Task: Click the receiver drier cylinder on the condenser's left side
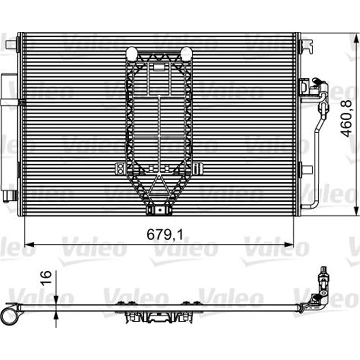coord(8,135)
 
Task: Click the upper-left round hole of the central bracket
coord(131,54)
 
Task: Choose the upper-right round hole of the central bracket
coord(186,54)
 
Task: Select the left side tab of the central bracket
coord(120,168)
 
